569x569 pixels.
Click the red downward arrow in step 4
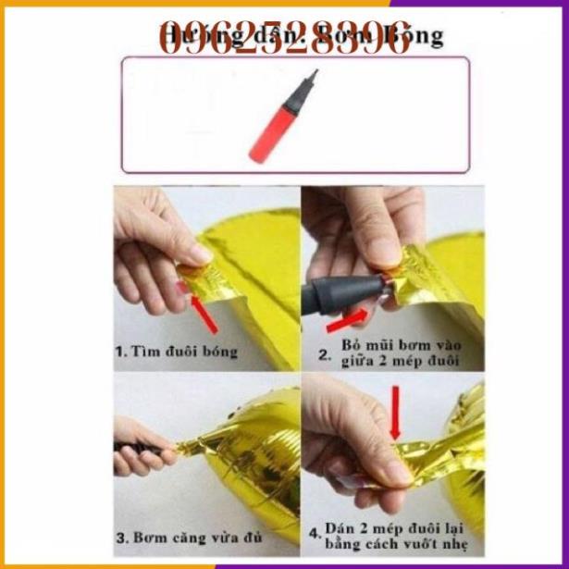click(x=395, y=413)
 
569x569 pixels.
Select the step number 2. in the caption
click(x=324, y=353)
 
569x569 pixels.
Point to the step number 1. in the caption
click(x=120, y=353)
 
